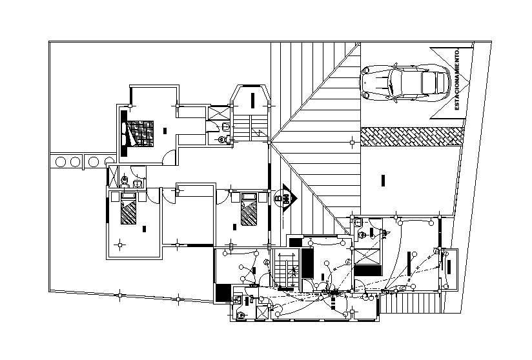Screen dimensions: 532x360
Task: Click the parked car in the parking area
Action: pos(405,83)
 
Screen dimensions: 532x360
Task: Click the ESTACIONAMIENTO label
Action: pos(457,79)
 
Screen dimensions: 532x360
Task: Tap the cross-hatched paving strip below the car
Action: pos(412,136)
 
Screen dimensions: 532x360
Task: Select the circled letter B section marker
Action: pos(283,197)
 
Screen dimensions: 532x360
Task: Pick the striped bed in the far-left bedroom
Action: pos(129,210)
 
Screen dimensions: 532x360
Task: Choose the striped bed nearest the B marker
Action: pos(249,212)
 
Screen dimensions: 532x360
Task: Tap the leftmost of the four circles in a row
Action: pos(61,161)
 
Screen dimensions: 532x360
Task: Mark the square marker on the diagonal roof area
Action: pos(351,142)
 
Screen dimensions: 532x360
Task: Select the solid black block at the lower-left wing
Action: pos(223,292)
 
